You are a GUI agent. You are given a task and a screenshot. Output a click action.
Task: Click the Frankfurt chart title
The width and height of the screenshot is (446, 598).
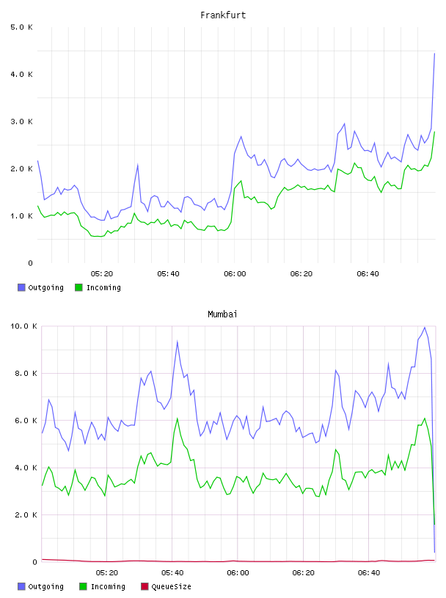pyautogui.click(x=223, y=15)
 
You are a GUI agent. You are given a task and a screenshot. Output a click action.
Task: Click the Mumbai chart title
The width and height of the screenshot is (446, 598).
pyautogui.click(x=222, y=314)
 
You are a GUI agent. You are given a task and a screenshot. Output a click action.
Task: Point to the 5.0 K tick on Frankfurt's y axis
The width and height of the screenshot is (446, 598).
pyautogui.click(x=21, y=27)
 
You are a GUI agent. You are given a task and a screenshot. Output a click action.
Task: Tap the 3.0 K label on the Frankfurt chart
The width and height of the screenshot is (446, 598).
pyautogui.click(x=21, y=122)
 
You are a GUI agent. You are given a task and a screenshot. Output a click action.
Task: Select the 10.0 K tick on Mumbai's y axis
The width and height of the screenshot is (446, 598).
pyautogui.click(x=23, y=326)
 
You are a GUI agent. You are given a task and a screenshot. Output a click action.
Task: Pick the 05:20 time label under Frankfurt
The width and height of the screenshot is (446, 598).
pyautogui.click(x=102, y=274)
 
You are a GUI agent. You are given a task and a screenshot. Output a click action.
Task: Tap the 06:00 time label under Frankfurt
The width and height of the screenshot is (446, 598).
pyautogui.click(x=235, y=274)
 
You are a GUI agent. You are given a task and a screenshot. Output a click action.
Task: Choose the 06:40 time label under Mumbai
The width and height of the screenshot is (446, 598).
pyautogui.click(x=369, y=573)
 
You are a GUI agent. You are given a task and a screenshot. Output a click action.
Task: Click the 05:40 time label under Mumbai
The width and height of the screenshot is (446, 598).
pyautogui.click(x=172, y=573)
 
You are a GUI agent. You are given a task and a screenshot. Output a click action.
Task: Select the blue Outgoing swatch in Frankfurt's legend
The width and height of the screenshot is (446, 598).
pyautogui.click(x=21, y=287)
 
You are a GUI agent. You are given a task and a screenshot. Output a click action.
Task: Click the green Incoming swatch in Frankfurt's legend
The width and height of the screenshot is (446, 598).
pyautogui.click(x=78, y=287)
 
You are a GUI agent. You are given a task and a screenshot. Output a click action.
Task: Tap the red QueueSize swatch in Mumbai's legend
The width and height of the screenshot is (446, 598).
pyautogui.click(x=145, y=586)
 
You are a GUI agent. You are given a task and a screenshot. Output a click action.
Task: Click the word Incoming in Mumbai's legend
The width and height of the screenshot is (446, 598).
pyautogui.click(x=108, y=586)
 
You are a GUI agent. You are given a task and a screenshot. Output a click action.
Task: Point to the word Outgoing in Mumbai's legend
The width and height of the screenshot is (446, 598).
pyautogui.click(x=45, y=586)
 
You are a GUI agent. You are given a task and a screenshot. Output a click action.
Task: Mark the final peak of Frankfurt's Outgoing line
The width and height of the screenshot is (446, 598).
pyautogui.click(x=434, y=53)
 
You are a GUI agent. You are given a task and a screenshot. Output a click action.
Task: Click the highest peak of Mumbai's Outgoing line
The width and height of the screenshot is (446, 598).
pyautogui.click(x=425, y=328)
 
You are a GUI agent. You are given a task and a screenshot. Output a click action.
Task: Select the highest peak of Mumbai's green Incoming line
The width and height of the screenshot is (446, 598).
pyautogui.click(x=425, y=418)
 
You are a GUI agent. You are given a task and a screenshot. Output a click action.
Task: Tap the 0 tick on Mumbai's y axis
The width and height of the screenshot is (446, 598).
pyautogui.click(x=34, y=562)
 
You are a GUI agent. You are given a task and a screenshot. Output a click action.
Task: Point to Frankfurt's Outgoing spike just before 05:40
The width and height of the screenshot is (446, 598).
pyautogui.click(x=137, y=165)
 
